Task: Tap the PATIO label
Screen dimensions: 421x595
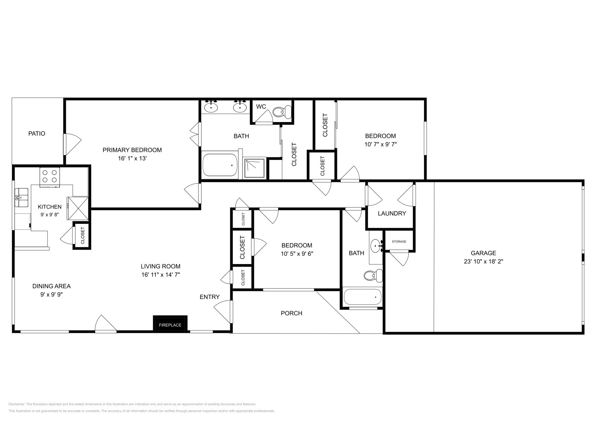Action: (37, 134)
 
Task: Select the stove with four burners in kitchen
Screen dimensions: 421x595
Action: (50, 176)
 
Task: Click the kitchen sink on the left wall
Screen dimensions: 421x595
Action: (21, 197)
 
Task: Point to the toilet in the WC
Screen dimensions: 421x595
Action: (282, 111)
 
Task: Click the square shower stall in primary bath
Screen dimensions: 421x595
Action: (255, 168)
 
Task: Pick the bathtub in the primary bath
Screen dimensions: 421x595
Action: (220, 165)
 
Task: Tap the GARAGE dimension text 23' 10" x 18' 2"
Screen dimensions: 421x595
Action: (483, 261)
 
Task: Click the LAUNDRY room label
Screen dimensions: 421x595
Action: (392, 213)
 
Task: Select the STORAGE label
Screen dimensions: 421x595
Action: (399, 242)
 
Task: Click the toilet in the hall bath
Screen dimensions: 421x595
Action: (373, 275)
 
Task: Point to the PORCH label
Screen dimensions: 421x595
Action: (291, 313)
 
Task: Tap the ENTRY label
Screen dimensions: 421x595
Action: (209, 297)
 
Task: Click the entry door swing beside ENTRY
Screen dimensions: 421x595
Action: (223, 311)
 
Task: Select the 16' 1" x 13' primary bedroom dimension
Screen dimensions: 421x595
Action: (132, 158)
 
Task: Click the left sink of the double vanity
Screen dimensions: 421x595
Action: (211, 107)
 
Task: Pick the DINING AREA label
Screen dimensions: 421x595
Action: (51, 286)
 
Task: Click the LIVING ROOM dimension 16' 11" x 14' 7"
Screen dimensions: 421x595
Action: (161, 275)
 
